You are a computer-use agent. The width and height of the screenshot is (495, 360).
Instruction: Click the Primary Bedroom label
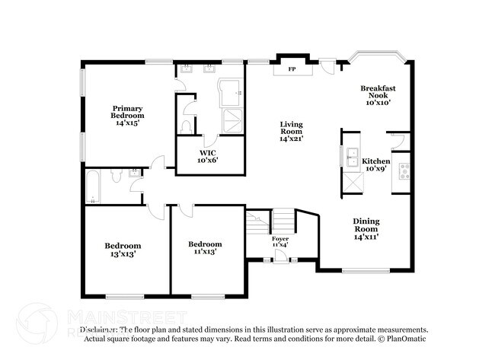point(128,115)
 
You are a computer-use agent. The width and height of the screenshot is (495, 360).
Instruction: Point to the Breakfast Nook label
point(377,95)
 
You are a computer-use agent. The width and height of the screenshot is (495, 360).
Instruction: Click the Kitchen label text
point(375,161)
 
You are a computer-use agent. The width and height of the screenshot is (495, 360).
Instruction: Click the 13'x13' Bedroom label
point(123,250)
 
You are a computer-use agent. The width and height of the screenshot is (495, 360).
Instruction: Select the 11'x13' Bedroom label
point(205,247)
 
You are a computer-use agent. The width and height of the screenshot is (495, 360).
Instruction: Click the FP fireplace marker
point(291,69)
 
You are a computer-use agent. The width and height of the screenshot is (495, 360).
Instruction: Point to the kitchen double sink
point(351,158)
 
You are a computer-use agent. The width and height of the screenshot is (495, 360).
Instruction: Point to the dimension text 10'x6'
point(208,161)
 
